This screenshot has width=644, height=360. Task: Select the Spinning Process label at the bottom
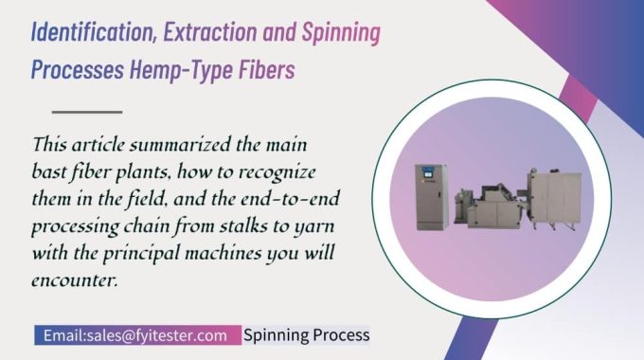306,335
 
